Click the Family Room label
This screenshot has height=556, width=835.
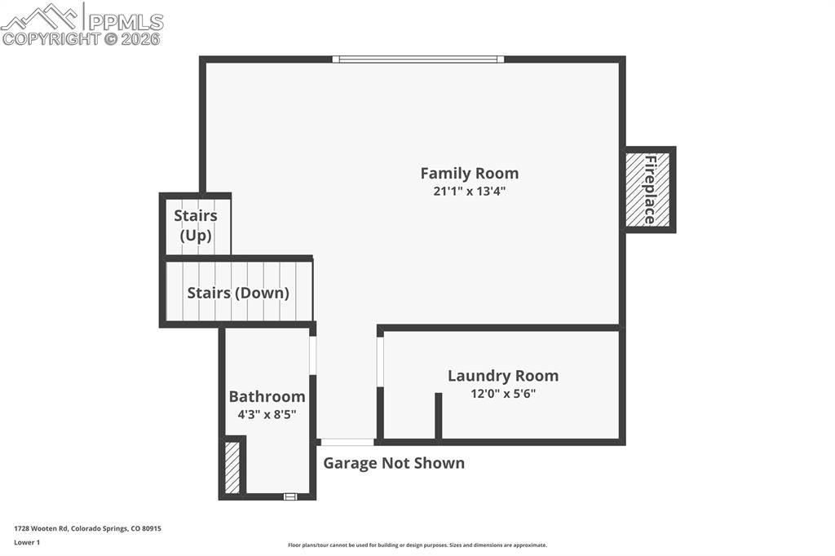pyautogui.click(x=469, y=173)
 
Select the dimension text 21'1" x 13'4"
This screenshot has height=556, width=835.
pyautogui.click(x=475, y=192)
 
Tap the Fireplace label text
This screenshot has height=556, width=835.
pyautogui.click(x=650, y=189)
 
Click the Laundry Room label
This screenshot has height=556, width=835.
pyautogui.click(x=502, y=376)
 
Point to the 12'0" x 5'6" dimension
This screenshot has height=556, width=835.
pyautogui.click(x=502, y=393)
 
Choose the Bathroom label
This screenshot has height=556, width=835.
pyautogui.click(x=267, y=396)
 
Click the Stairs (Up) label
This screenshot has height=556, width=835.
pyautogui.click(x=196, y=226)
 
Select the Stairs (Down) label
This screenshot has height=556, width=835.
pyautogui.click(x=238, y=293)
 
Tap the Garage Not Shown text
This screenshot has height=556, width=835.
pyautogui.click(x=394, y=463)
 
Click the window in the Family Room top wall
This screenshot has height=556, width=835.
pyautogui.click(x=418, y=59)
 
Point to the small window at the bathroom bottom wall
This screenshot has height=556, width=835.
pyautogui.click(x=289, y=496)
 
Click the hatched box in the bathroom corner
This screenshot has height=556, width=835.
pyautogui.click(x=232, y=467)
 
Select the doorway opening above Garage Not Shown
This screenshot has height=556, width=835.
pyautogui.click(x=347, y=442)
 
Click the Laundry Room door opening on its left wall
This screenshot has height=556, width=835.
pyautogui.click(x=380, y=361)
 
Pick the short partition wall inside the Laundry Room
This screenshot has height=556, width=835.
pyautogui.click(x=438, y=416)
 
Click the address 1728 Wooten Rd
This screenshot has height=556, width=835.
pyautogui.click(x=87, y=528)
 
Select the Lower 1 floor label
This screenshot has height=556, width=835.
pyautogui.click(x=27, y=542)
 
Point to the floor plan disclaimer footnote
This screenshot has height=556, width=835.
pyautogui.click(x=417, y=545)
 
